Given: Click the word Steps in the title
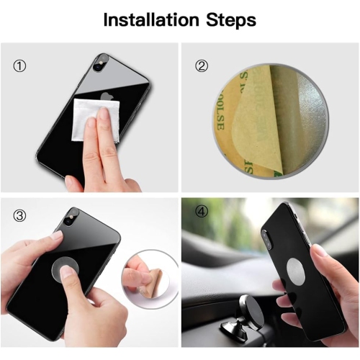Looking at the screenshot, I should pos(229,19).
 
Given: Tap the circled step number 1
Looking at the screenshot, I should pos(19,66).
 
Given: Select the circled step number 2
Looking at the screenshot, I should pos(202,66).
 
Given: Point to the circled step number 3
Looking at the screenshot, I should pos(19,215).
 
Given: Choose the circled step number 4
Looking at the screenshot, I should pos(202,215).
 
